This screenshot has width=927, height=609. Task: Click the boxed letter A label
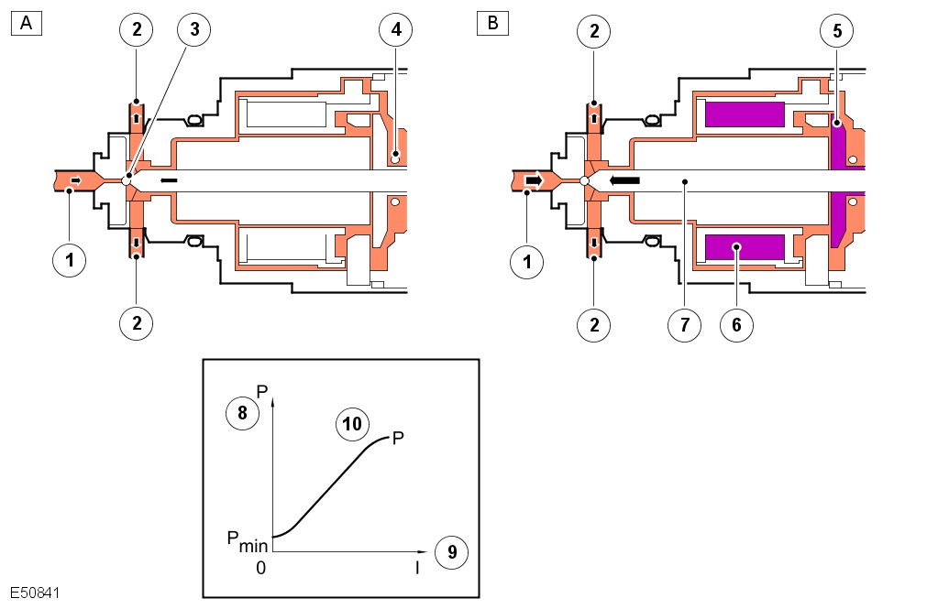pyautogui.click(x=26, y=23)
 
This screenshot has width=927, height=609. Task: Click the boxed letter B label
pyautogui.click(x=492, y=23)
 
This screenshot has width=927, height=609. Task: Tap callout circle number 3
pyautogui.click(x=193, y=30)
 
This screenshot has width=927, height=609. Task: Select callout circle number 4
pyautogui.click(x=395, y=30)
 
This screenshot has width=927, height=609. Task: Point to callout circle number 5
pyautogui.click(x=838, y=30)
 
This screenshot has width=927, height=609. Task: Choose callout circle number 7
pyautogui.click(x=684, y=323)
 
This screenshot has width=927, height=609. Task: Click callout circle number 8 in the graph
pyautogui.click(x=242, y=413)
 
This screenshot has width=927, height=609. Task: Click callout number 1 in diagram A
pyautogui.click(x=69, y=261)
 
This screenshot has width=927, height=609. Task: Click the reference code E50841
pyautogui.click(x=36, y=593)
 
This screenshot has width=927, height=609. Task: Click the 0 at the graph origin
pyautogui.click(x=261, y=568)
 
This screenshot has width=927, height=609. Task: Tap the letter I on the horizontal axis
pyautogui.click(x=417, y=569)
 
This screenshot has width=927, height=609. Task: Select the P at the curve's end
pyautogui.click(x=398, y=439)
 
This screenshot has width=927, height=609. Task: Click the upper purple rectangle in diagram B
pyautogui.click(x=745, y=114)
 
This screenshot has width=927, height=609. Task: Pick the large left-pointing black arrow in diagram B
pyautogui.click(x=625, y=181)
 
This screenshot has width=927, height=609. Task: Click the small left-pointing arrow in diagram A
pyautogui.click(x=169, y=181)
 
